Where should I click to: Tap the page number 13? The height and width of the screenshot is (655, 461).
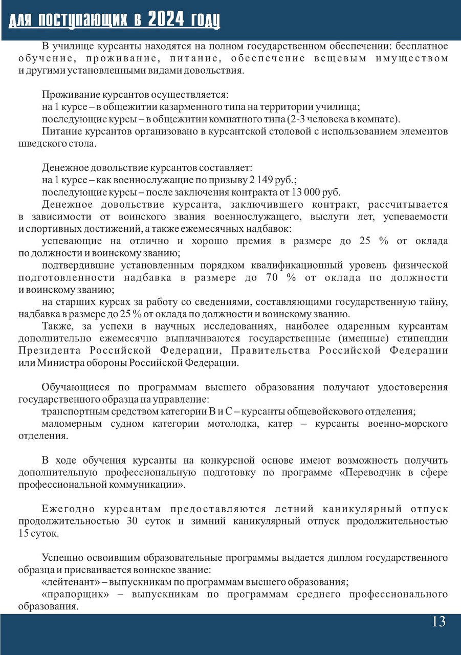pyautogui.click(x=438, y=622)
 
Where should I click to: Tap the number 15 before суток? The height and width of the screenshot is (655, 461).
pyautogui.click(x=25, y=534)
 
